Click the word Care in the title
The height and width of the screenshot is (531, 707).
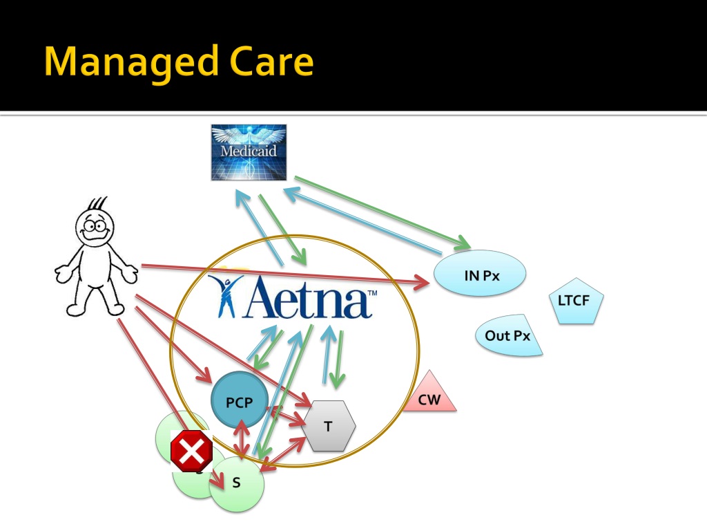272,62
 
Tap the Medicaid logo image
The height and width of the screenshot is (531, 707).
249,152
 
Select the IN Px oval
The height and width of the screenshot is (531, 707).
481,274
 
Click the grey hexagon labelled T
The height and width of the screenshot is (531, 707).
329,426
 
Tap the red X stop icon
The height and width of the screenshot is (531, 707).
191,451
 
